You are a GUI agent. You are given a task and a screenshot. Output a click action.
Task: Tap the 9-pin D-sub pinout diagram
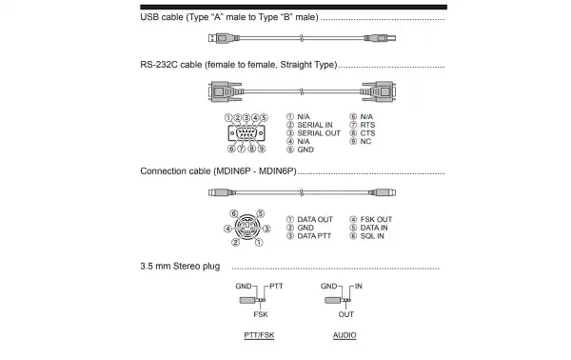click(x=246, y=132)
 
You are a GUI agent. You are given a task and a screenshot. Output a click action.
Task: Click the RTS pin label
click(x=367, y=125)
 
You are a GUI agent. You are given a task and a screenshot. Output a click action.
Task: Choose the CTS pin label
click(x=367, y=133)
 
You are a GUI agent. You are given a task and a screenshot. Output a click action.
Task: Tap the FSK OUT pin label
click(x=375, y=220)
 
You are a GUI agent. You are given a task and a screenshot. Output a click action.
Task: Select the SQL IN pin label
click(x=372, y=237)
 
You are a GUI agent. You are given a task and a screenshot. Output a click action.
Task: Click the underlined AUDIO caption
click(x=345, y=336)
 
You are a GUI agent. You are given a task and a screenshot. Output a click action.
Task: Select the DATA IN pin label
click(x=373, y=229)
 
